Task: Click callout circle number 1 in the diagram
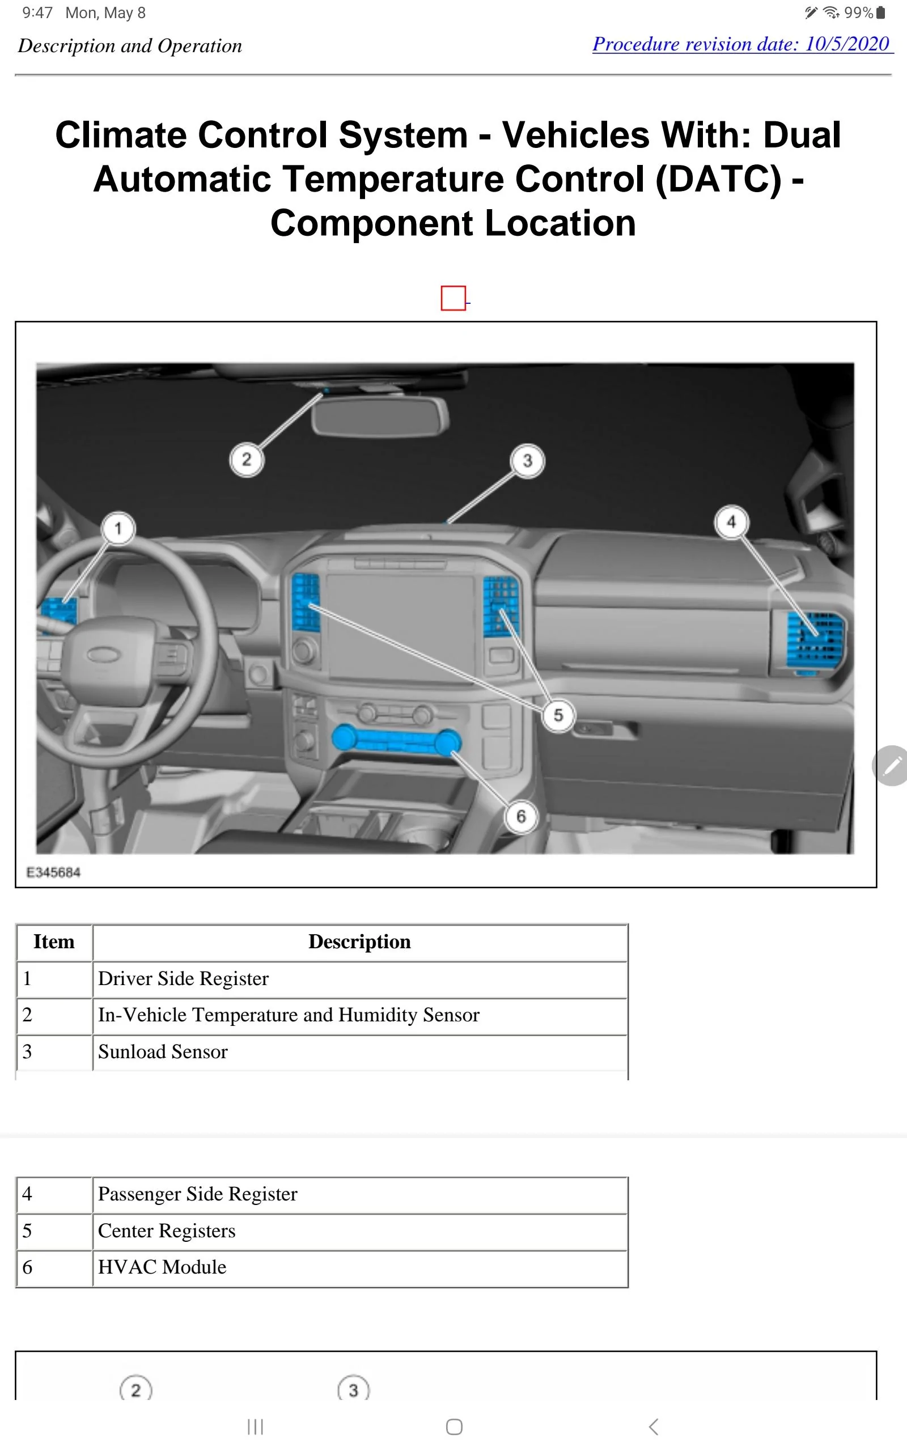[x=118, y=528]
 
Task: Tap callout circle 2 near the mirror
[x=247, y=459]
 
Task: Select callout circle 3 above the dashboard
[x=527, y=460]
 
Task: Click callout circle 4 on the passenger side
[x=731, y=521]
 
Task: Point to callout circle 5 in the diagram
[x=558, y=715]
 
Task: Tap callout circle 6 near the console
[x=521, y=816]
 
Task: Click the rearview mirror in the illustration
[x=380, y=415]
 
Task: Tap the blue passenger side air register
[x=816, y=639]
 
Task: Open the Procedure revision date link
[x=741, y=44]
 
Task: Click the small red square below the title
[x=453, y=298]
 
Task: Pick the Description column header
[x=360, y=941]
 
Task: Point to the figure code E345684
[x=53, y=872]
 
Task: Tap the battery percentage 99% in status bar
[x=858, y=12]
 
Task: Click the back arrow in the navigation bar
[x=654, y=1427]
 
